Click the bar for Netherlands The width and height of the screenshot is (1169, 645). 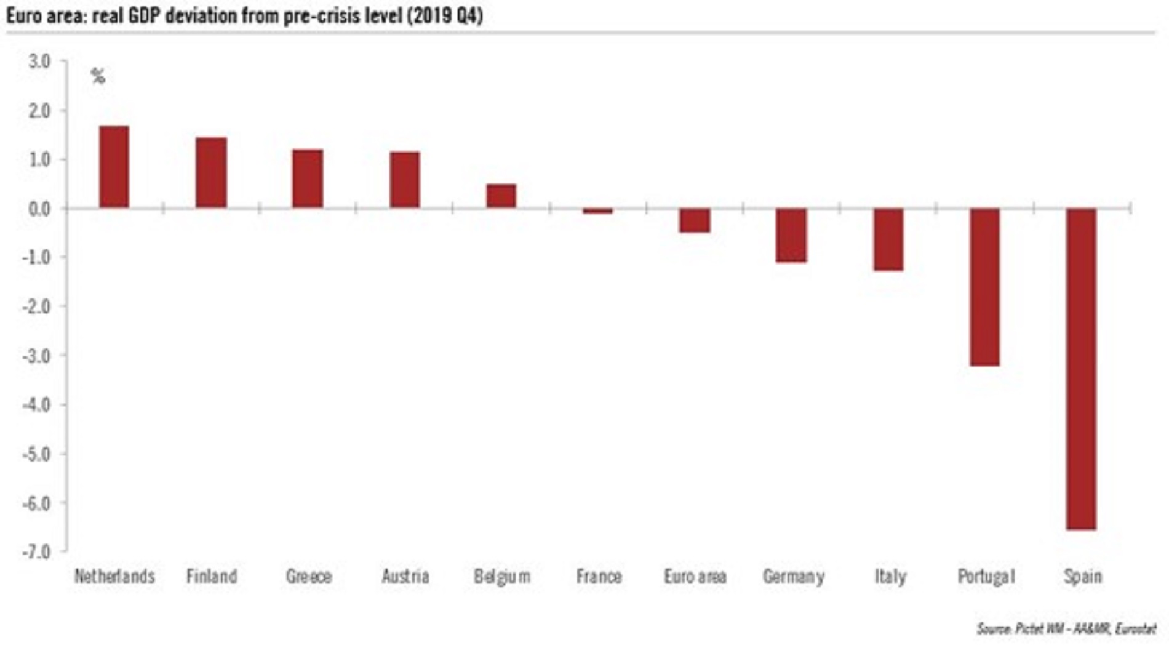click(114, 167)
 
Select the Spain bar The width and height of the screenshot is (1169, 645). click(1081, 369)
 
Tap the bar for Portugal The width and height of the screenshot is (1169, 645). click(985, 287)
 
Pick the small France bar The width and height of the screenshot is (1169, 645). click(598, 211)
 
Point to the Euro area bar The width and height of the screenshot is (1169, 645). click(695, 220)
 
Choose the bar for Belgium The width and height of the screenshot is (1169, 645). click(501, 196)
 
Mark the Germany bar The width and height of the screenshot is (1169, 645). click(791, 235)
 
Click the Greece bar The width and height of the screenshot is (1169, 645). click(308, 178)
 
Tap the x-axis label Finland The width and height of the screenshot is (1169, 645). click(212, 577)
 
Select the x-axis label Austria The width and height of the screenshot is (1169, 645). click(405, 577)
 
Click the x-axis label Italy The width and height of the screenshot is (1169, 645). click(890, 577)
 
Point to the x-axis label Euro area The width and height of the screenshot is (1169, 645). click(695, 577)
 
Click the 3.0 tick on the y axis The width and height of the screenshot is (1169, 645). click(39, 62)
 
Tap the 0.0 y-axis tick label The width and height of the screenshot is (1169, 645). click(39, 209)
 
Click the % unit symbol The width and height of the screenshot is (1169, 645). click(98, 77)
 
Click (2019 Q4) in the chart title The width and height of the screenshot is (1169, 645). click(444, 15)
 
